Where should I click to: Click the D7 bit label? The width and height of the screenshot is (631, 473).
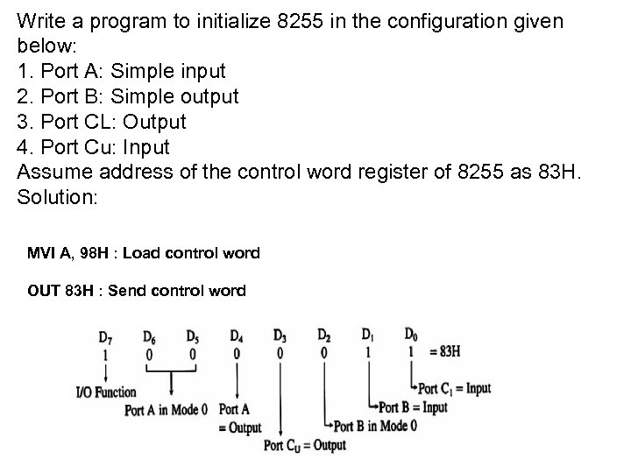coord(105,337)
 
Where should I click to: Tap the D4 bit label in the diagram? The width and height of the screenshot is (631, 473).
coord(237,335)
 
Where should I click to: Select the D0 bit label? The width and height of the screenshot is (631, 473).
coord(411,335)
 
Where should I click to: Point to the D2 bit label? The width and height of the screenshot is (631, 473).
coord(324,335)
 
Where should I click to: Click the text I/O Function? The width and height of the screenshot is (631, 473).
coord(107,392)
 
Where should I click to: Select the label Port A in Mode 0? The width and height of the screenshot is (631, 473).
coord(167,410)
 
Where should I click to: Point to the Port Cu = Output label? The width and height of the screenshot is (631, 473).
coord(304,445)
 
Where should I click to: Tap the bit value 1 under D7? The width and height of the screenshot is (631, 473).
coord(105,355)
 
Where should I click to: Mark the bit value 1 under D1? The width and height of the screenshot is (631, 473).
coord(368,352)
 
